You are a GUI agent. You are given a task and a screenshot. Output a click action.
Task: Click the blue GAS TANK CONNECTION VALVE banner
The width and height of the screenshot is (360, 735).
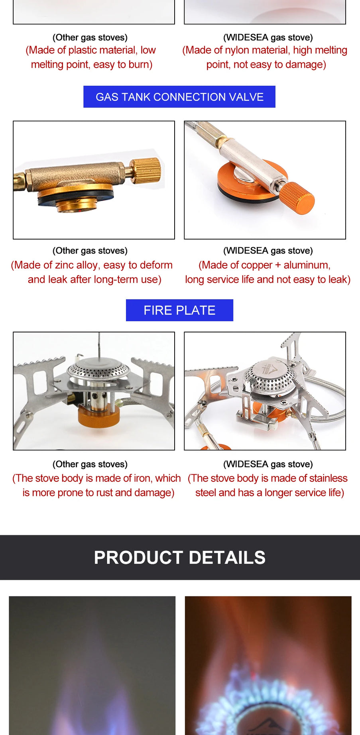point(179,97)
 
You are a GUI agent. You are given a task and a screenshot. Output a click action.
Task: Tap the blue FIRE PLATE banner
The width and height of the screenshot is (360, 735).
point(179,310)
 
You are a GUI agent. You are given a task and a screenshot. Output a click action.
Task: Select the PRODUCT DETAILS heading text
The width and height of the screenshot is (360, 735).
point(179,557)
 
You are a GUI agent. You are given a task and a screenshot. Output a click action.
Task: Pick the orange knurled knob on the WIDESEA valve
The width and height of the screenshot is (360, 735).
point(297,197)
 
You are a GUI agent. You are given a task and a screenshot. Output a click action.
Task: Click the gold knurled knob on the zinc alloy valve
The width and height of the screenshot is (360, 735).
point(147,171)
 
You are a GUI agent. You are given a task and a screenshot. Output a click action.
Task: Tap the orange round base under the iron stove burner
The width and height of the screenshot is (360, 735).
point(98,417)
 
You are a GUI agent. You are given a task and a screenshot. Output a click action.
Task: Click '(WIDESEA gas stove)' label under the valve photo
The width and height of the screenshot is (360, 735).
point(268,251)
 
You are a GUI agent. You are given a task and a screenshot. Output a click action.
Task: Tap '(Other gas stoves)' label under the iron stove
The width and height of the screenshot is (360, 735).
point(90,464)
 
